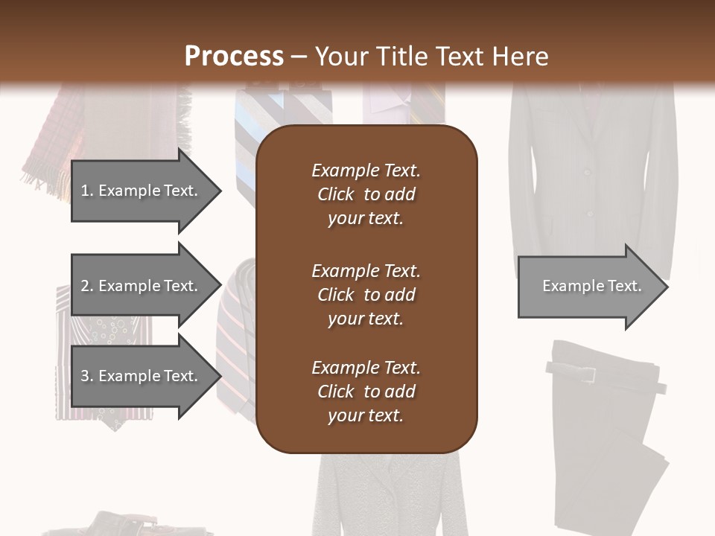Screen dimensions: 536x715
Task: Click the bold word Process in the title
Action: click(x=234, y=57)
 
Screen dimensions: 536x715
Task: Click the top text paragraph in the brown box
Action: click(x=366, y=194)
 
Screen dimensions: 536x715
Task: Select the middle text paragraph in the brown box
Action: click(x=366, y=295)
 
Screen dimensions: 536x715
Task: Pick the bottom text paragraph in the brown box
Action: click(x=366, y=392)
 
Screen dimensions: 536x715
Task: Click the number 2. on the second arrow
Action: click(x=87, y=286)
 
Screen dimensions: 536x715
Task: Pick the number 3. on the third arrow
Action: click(x=87, y=376)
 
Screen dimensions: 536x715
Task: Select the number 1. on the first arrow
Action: click(x=86, y=191)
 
